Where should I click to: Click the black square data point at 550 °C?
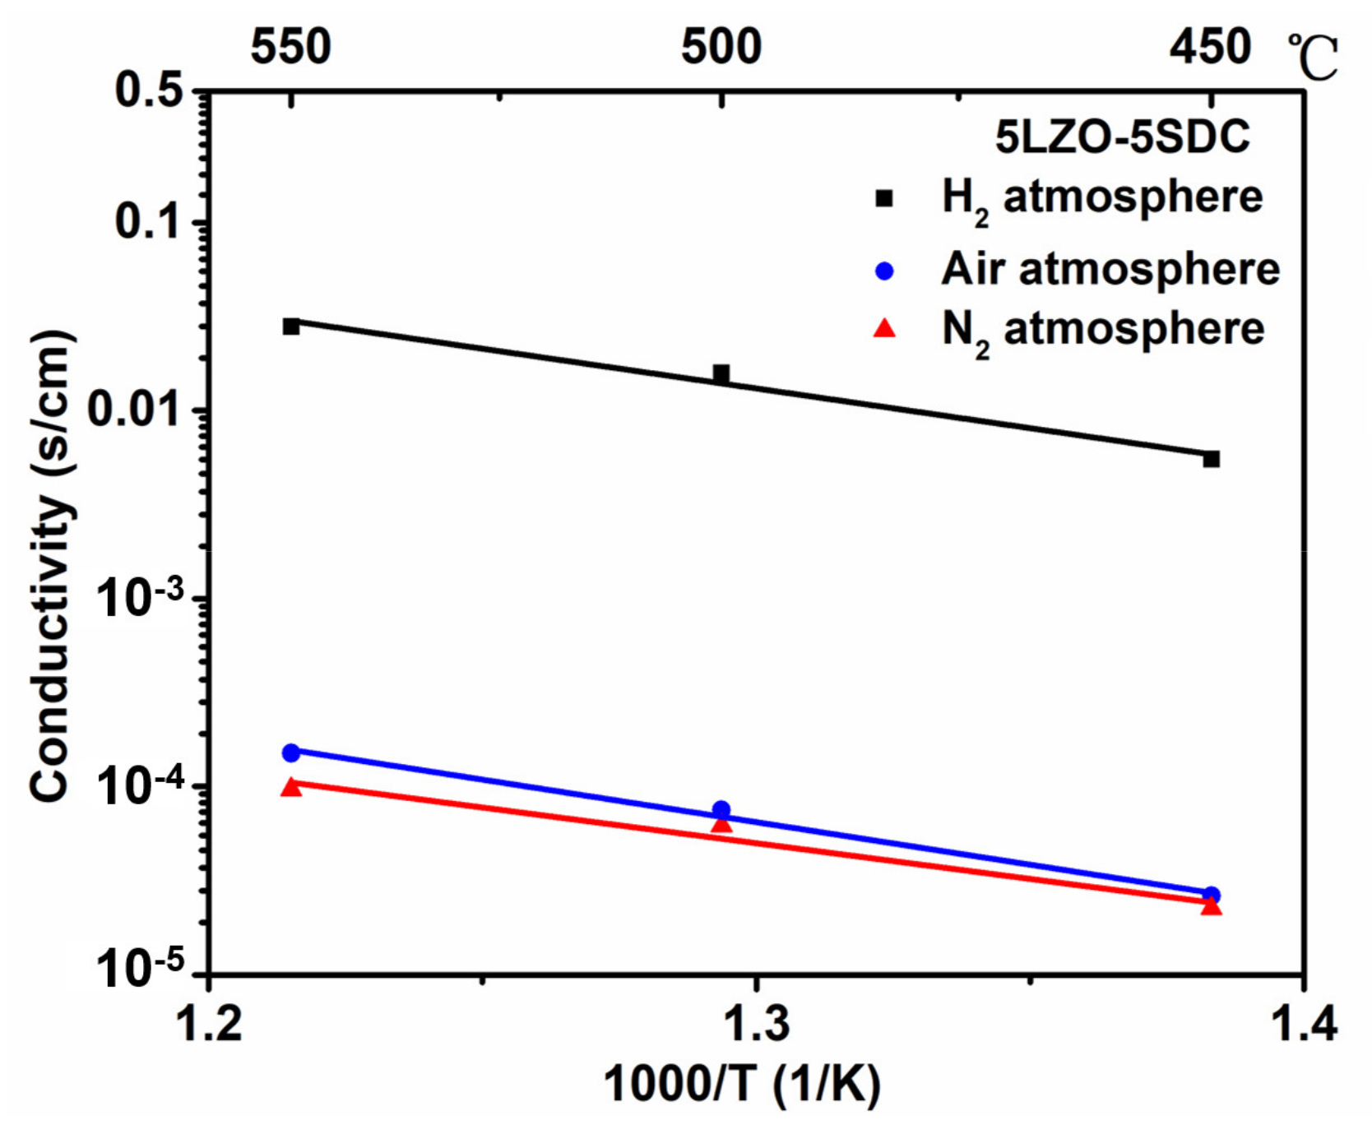tap(291, 326)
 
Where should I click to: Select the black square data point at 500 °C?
tap(721, 374)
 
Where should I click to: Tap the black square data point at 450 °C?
tap(1211, 459)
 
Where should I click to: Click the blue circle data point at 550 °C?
tap(291, 752)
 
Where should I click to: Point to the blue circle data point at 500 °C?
tap(721, 810)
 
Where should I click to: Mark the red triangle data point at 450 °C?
tap(1211, 906)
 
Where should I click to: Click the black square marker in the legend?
tap(884, 198)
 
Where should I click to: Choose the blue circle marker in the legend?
tap(884, 271)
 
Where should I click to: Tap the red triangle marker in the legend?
tap(884, 329)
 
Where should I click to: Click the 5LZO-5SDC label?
tap(1122, 137)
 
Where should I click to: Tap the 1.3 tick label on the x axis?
tap(755, 1025)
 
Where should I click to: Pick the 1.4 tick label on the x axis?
tap(1303, 1025)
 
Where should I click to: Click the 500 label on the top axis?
tap(721, 47)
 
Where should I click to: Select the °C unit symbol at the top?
tap(1313, 58)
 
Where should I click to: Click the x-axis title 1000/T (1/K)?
tap(742, 1084)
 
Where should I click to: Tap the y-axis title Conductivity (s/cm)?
tap(51, 566)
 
